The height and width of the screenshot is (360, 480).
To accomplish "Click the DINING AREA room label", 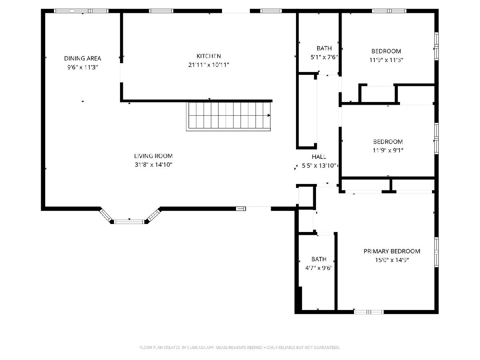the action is tap(82, 58).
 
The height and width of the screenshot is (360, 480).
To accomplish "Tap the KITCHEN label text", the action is tap(208, 56).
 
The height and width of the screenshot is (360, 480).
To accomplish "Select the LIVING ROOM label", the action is tap(153, 156).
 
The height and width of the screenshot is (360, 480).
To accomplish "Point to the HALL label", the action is tap(319, 156).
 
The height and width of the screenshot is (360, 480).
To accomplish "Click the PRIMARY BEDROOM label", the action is tap(392, 251).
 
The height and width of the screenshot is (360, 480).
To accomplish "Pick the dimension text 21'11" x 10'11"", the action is tap(208, 65).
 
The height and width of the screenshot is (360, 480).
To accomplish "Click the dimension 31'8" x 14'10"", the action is tap(153, 164).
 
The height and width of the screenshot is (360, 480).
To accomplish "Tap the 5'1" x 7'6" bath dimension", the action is tap(324, 57).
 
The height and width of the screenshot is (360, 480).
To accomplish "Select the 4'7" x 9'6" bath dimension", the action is tap(319, 268).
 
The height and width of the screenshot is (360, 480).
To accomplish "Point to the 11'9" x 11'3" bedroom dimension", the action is tap(386, 60).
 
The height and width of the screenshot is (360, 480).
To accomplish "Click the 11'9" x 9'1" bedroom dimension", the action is tap(388, 150).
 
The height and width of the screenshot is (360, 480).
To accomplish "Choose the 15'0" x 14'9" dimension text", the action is tap(392, 260).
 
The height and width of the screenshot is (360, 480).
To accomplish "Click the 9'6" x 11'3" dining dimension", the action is tap(82, 67).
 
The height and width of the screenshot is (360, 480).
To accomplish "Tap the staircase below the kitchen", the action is tap(228, 116).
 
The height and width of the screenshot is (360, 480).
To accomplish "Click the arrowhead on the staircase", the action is tap(269, 116).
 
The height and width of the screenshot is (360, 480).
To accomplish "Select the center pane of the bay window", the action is tap(129, 222).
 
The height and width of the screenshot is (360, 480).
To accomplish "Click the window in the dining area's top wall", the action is tap(81, 11).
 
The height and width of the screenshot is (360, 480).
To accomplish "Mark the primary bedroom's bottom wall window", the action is tap(368, 312).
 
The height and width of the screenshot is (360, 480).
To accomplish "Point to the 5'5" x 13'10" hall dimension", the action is tap(319, 166).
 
